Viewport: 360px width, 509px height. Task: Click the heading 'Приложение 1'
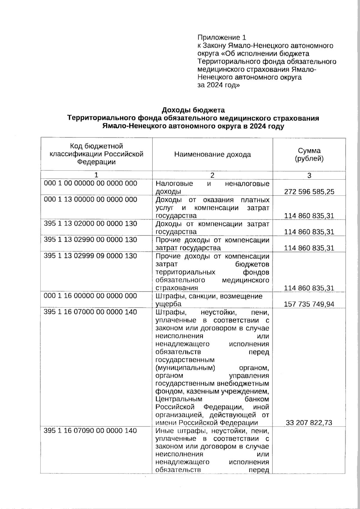(222, 37)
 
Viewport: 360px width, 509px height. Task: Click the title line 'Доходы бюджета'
(193, 110)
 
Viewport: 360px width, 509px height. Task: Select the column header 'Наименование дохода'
(212, 154)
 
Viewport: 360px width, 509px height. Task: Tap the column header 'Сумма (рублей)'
(309, 154)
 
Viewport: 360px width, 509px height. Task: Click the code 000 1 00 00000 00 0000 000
(90, 183)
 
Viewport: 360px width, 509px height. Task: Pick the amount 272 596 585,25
(309, 192)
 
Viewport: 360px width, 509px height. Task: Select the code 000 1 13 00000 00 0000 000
(90, 199)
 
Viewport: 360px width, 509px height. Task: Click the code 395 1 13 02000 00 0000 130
(90, 223)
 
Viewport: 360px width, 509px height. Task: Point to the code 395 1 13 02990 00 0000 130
(90, 240)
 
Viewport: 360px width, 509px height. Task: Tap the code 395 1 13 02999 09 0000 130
(90, 256)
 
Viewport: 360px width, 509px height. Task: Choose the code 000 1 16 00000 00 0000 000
(90, 296)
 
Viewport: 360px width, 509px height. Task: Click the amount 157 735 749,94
(309, 304)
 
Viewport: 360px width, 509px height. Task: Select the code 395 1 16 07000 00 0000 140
(90, 312)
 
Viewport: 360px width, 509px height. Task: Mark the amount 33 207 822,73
(309, 423)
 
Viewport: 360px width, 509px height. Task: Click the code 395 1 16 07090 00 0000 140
(90, 431)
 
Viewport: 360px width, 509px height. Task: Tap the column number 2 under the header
(212, 175)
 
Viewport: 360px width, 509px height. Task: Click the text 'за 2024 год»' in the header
(218, 85)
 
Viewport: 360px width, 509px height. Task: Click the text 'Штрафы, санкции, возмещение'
(209, 296)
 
